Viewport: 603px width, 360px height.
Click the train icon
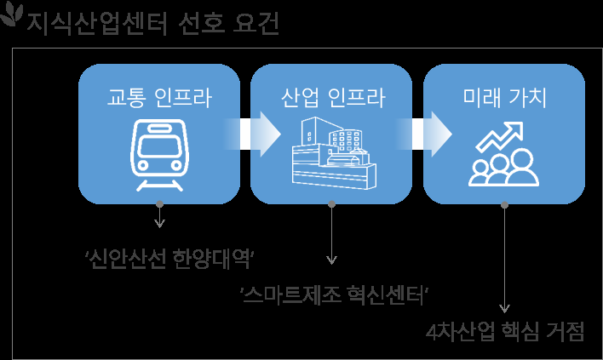(159, 153)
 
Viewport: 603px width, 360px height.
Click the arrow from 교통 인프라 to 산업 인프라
(256, 134)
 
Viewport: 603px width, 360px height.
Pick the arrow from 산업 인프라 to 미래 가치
(429, 134)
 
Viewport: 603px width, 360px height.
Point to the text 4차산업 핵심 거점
(505, 332)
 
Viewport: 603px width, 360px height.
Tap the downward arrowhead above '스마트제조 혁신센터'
(332, 260)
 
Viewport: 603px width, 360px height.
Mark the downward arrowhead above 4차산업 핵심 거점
(505, 309)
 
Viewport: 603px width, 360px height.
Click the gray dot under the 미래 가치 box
(505, 204)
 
